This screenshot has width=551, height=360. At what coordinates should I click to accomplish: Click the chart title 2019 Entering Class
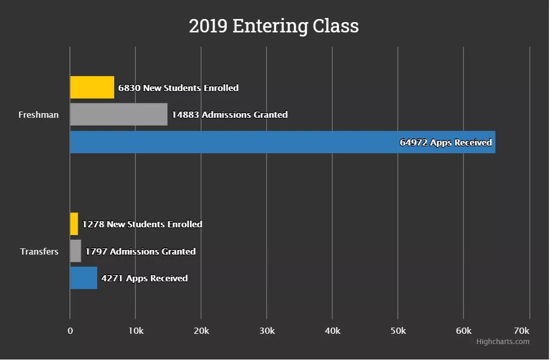274,26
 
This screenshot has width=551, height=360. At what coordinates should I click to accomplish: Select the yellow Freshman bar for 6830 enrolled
92,87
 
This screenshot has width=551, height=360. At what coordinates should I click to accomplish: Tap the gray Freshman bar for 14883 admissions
118,114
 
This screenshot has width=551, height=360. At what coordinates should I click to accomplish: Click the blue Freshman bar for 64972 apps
232,142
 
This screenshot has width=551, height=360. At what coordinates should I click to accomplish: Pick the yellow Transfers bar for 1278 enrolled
74,224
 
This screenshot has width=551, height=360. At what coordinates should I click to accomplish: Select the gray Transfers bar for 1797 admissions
76,251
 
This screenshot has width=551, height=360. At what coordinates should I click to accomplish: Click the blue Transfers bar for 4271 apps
83,278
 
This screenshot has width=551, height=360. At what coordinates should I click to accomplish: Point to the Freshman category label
39,115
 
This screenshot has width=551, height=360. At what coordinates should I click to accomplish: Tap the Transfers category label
39,251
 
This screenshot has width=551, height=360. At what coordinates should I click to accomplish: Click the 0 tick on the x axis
70,331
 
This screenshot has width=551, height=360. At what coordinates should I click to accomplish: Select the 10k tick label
135,331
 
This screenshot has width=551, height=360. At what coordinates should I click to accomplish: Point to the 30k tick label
266,331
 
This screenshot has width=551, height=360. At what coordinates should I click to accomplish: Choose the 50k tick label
398,331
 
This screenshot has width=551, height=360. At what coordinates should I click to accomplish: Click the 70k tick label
521,331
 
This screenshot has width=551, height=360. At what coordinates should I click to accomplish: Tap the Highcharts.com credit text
503,341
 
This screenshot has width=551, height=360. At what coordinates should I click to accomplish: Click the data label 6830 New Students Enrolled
179,88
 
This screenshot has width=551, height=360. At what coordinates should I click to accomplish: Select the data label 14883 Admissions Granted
229,115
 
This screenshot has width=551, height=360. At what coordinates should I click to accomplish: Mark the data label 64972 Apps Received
446,142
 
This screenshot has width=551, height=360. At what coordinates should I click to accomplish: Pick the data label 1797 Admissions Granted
140,251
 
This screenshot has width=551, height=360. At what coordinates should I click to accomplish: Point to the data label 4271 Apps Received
145,278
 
